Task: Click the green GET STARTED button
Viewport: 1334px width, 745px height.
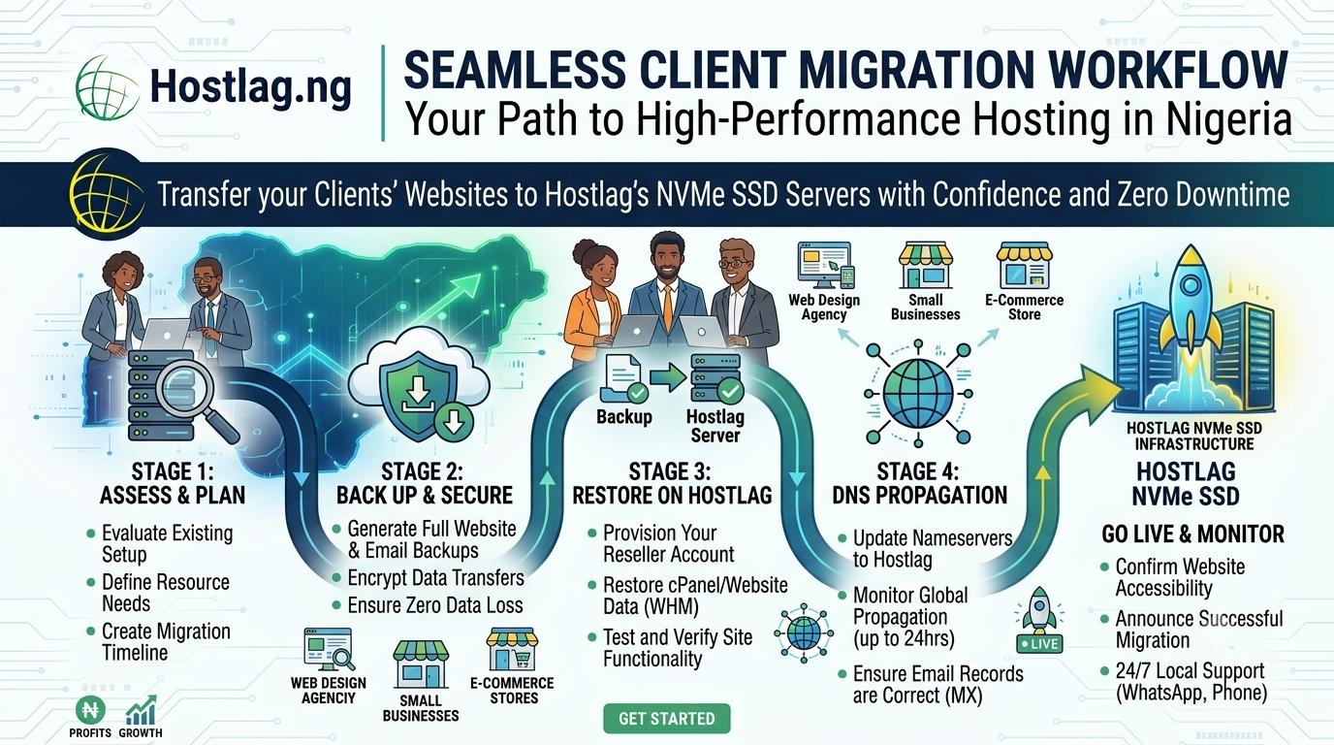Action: (x=666, y=718)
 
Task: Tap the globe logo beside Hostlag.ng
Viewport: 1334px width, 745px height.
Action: (x=108, y=88)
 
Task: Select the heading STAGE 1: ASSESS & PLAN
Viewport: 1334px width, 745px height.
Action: (x=173, y=483)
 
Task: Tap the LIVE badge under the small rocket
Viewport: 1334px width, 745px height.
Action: (x=1039, y=644)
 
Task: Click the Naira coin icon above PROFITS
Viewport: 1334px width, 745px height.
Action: (x=90, y=710)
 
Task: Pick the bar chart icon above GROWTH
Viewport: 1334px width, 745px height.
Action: (x=142, y=710)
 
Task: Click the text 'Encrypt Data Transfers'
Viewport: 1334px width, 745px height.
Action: (x=435, y=577)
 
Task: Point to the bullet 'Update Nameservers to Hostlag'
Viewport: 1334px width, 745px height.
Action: (x=932, y=548)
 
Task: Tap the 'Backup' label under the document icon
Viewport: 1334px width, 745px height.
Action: (x=624, y=416)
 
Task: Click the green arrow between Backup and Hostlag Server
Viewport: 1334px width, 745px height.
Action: (x=668, y=377)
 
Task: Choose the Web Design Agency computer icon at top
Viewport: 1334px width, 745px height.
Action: (x=825, y=265)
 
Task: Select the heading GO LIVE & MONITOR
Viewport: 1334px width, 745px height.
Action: (x=1192, y=534)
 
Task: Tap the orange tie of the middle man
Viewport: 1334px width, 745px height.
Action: (x=668, y=309)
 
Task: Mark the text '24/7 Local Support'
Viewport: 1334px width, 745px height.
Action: (x=1190, y=670)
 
